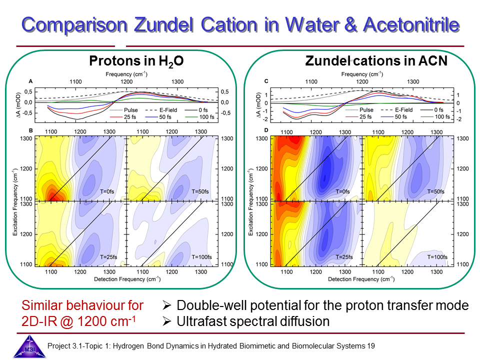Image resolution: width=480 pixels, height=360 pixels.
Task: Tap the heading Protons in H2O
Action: tap(136, 61)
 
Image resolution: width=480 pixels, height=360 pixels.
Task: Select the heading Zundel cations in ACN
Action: tap(376, 61)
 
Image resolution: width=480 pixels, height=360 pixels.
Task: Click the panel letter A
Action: tap(31, 81)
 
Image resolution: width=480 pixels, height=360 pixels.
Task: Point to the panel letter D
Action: tap(266, 131)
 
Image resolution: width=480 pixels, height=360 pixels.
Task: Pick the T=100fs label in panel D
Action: tap(437, 256)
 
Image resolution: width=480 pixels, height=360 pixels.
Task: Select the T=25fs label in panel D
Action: tap(341, 256)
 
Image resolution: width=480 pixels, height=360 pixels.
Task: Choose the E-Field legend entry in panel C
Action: tap(396, 109)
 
